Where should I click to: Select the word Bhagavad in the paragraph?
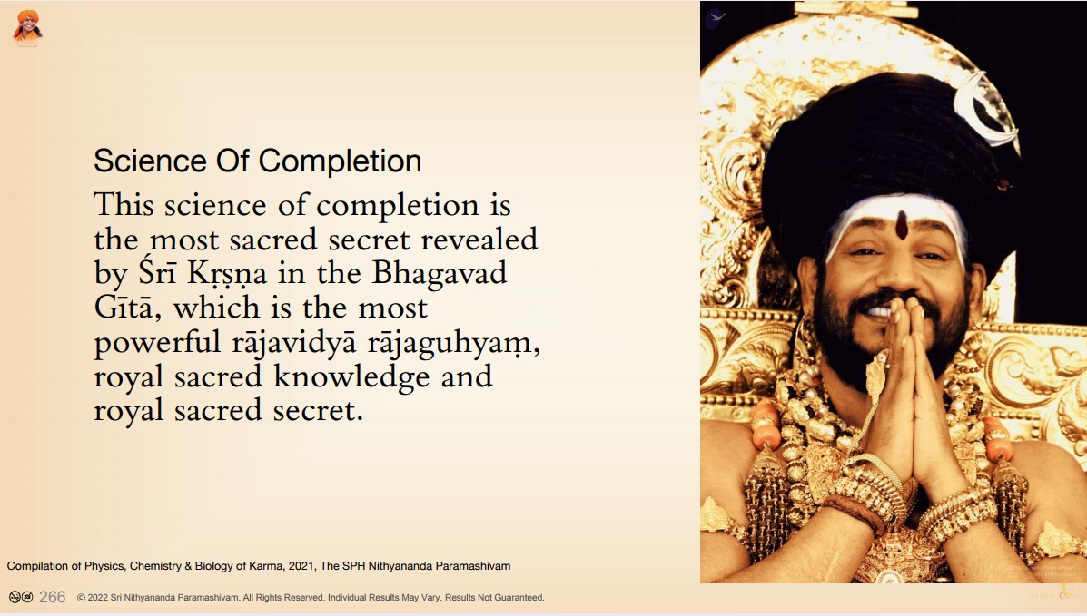(x=440, y=273)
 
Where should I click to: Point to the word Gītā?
(x=123, y=307)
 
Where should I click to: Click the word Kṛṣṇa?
(x=227, y=274)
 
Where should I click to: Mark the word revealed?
(x=479, y=240)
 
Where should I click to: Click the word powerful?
(x=157, y=342)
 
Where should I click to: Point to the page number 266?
(x=52, y=597)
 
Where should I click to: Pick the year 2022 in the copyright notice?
(x=98, y=597)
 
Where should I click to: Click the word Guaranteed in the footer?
(x=520, y=597)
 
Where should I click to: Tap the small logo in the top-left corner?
(x=28, y=28)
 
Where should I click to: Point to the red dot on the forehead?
(x=901, y=224)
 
